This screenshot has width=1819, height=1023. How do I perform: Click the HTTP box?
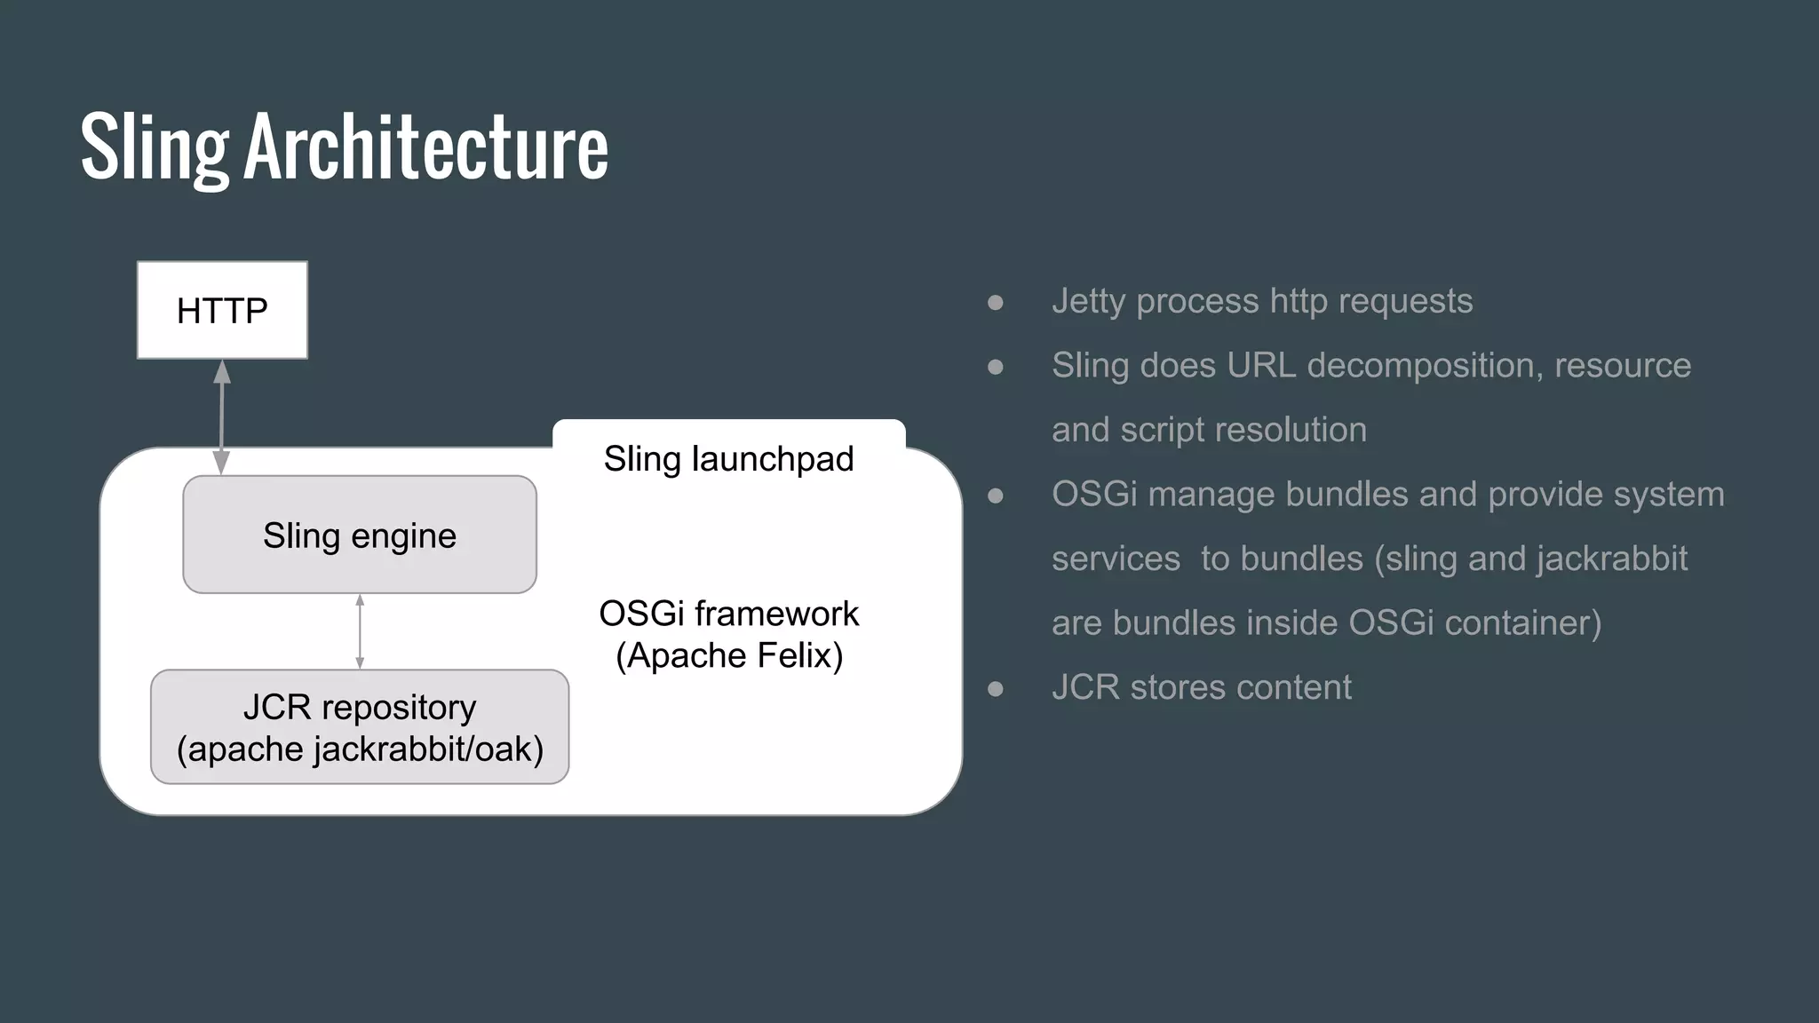point(222,310)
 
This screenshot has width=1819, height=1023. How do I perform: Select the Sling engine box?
point(359,535)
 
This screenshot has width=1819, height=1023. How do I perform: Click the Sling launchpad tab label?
point(728,458)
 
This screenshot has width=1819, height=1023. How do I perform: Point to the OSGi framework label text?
point(728,614)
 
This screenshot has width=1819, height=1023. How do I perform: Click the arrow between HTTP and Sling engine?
point(222,417)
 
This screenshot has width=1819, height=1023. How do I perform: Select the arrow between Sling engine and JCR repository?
point(360,631)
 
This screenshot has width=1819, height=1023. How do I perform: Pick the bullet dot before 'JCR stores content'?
point(996,688)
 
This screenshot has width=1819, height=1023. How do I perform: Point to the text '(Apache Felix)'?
point(728,655)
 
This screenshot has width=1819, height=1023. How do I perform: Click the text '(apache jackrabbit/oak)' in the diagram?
point(359,749)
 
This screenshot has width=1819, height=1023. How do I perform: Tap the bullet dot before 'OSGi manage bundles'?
point(996,496)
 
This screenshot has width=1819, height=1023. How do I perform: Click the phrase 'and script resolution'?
point(1209,430)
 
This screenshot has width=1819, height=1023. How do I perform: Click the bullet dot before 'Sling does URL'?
point(996,367)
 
